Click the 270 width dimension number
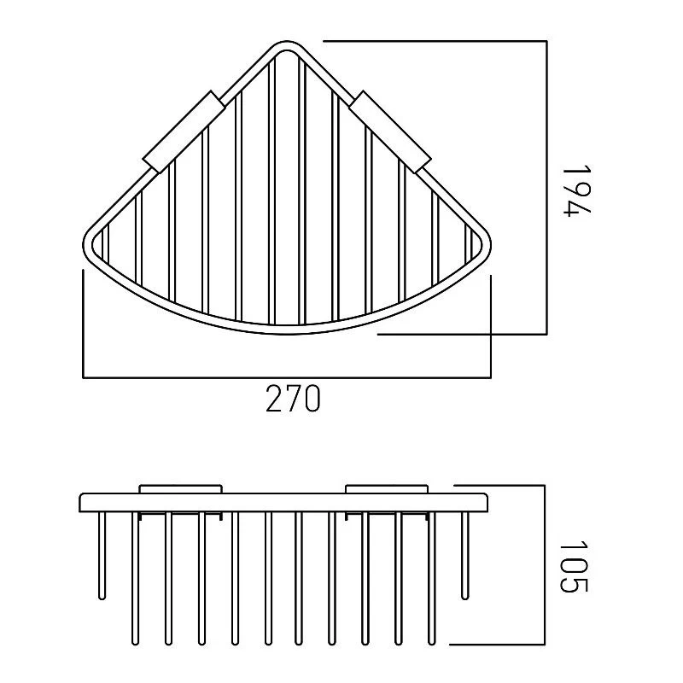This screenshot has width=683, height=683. tap(293, 398)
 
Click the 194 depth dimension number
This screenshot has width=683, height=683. tap(575, 190)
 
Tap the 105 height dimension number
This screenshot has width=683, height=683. tap(574, 567)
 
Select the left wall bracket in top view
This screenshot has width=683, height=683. tap(184, 131)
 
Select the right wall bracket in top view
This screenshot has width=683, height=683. tap(390, 131)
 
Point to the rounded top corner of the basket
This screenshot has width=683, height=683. tap(287, 47)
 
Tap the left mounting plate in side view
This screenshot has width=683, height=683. tap(181, 489)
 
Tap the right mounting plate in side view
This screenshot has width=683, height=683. tap(388, 489)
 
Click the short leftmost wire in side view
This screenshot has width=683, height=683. tap(102, 556)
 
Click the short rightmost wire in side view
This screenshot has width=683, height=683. tap(465, 556)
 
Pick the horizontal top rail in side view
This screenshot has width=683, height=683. tap(283, 503)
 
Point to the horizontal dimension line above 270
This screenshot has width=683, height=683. tap(287, 377)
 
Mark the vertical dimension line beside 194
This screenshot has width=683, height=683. tap(546, 188)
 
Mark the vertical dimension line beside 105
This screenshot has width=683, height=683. tap(544, 565)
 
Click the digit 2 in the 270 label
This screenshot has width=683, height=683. tap(274, 398)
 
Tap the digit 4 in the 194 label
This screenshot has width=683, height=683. tap(575, 207)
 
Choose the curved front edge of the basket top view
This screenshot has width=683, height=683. tap(287, 328)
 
